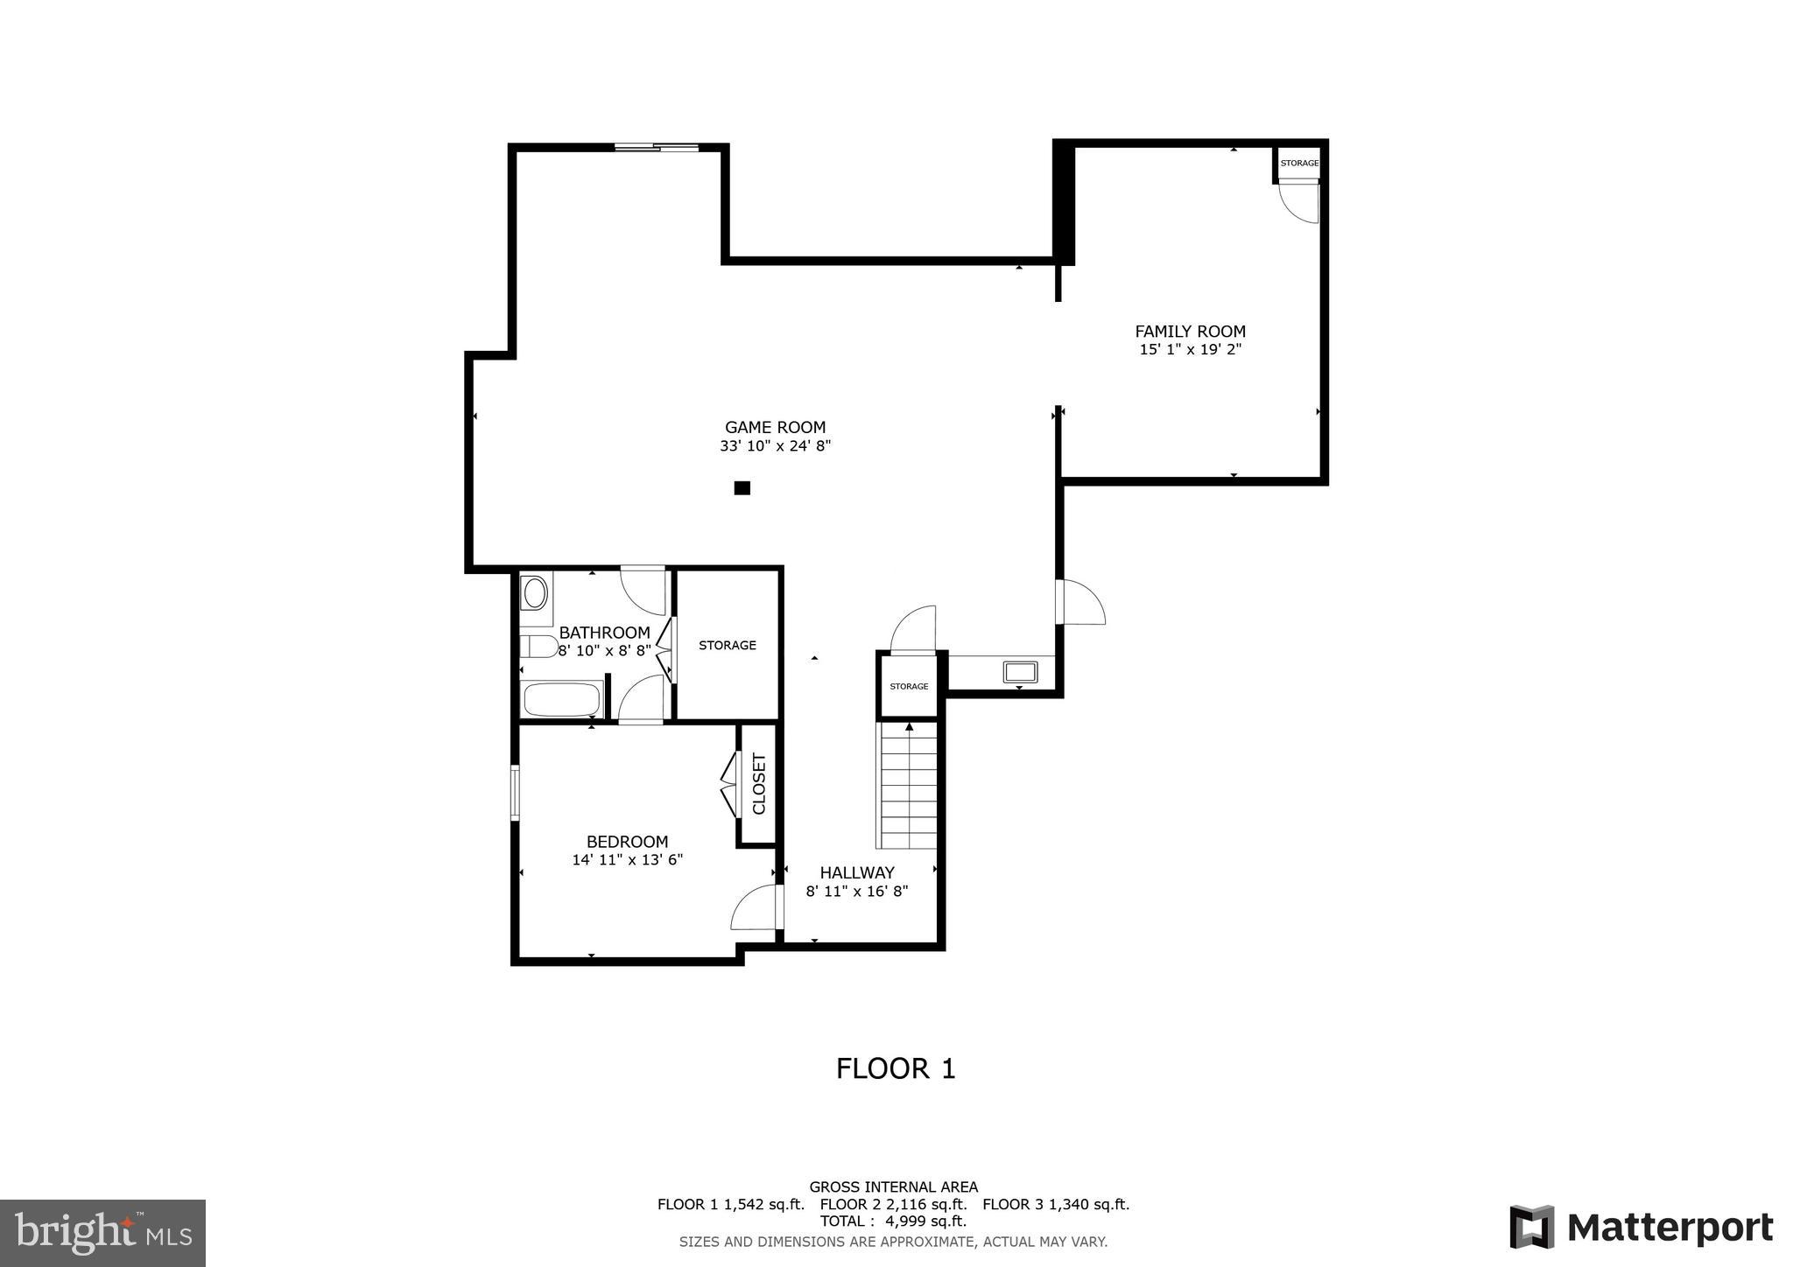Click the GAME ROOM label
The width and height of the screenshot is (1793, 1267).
775,428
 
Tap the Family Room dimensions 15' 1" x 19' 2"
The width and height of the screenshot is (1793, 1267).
1190,350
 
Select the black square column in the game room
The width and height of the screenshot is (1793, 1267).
742,488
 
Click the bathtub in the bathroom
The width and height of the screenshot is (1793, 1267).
561,700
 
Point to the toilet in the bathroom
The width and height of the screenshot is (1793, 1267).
538,647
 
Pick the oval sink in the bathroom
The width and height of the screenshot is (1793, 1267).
535,592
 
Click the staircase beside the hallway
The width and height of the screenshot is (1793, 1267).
909,785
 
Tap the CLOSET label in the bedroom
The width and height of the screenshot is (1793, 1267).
758,784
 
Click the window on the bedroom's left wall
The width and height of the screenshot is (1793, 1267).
515,793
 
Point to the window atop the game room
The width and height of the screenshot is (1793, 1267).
657,147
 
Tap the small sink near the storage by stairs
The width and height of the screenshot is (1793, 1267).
1020,672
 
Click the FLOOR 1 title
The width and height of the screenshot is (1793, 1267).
896,1068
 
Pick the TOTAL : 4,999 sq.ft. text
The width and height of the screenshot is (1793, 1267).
893,1221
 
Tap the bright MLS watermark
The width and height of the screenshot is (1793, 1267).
102,1233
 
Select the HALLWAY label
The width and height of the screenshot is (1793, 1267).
857,872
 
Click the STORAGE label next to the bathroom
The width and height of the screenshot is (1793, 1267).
727,645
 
